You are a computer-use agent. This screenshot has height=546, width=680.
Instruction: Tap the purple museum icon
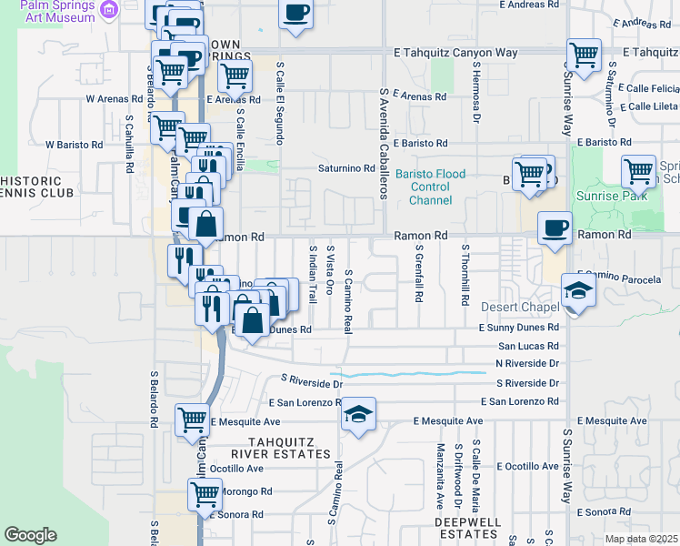pyautogui.click(x=110, y=9)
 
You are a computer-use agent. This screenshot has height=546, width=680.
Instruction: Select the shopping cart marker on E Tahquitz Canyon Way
pyautogui.click(x=583, y=54)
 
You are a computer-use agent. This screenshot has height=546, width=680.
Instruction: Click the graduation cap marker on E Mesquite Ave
pyautogui.click(x=358, y=414)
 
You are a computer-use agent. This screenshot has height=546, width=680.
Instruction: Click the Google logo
pyautogui.click(x=29, y=535)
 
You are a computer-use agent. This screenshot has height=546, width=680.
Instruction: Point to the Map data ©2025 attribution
pyautogui.click(x=642, y=539)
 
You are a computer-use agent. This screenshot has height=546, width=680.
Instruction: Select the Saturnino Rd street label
pyautogui.click(x=345, y=168)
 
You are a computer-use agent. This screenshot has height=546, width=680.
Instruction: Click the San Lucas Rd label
pyautogui.click(x=528, y=346)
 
